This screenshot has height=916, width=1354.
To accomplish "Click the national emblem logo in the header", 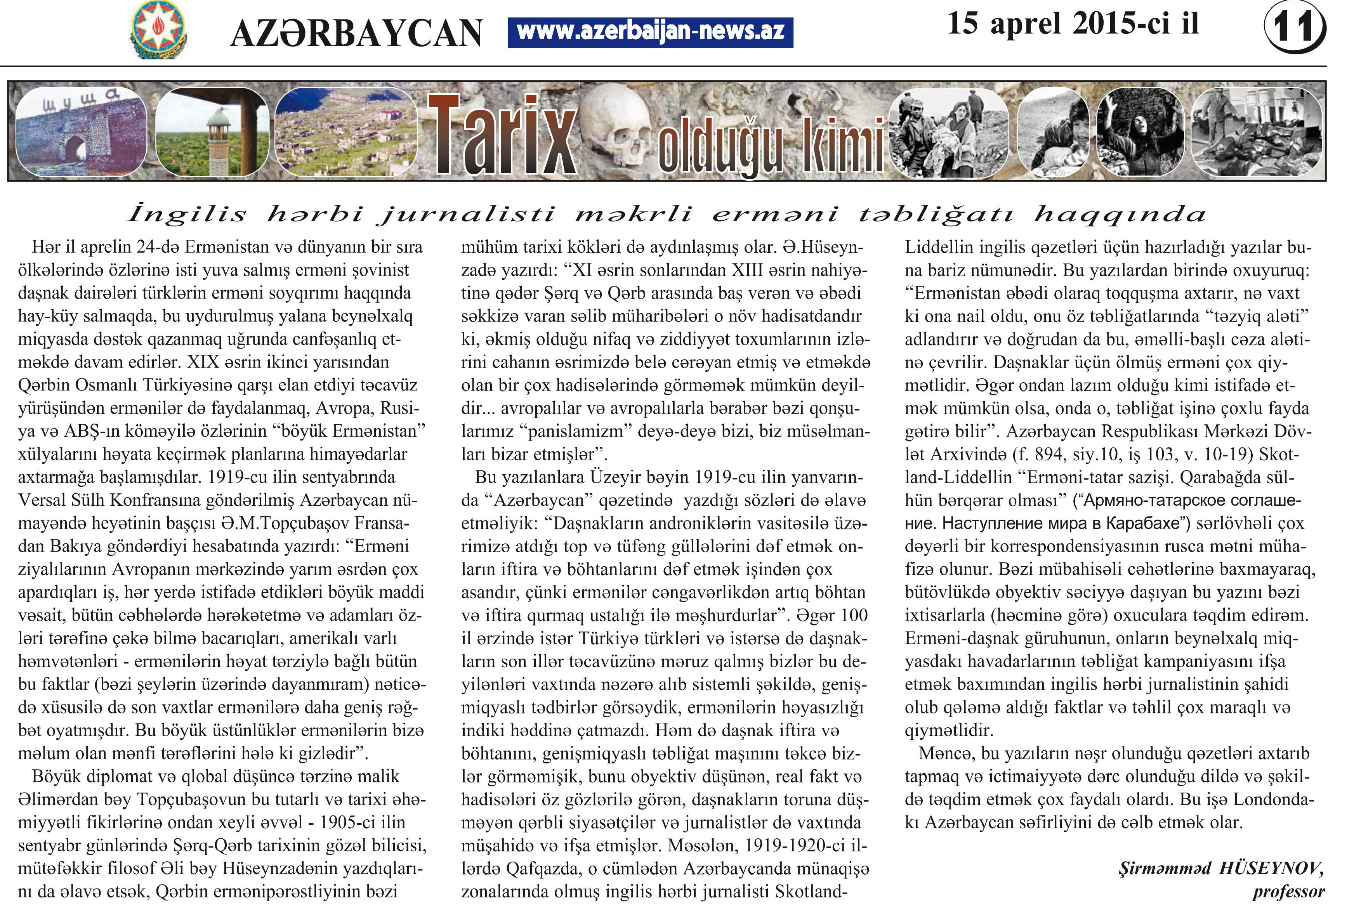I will point(158,29).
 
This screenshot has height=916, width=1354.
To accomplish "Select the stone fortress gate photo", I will point(81,132).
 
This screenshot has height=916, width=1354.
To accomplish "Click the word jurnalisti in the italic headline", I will point(466,214).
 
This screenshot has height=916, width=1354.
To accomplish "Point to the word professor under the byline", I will point(1289,892).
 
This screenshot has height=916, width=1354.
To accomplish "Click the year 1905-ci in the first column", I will point(347,822).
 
